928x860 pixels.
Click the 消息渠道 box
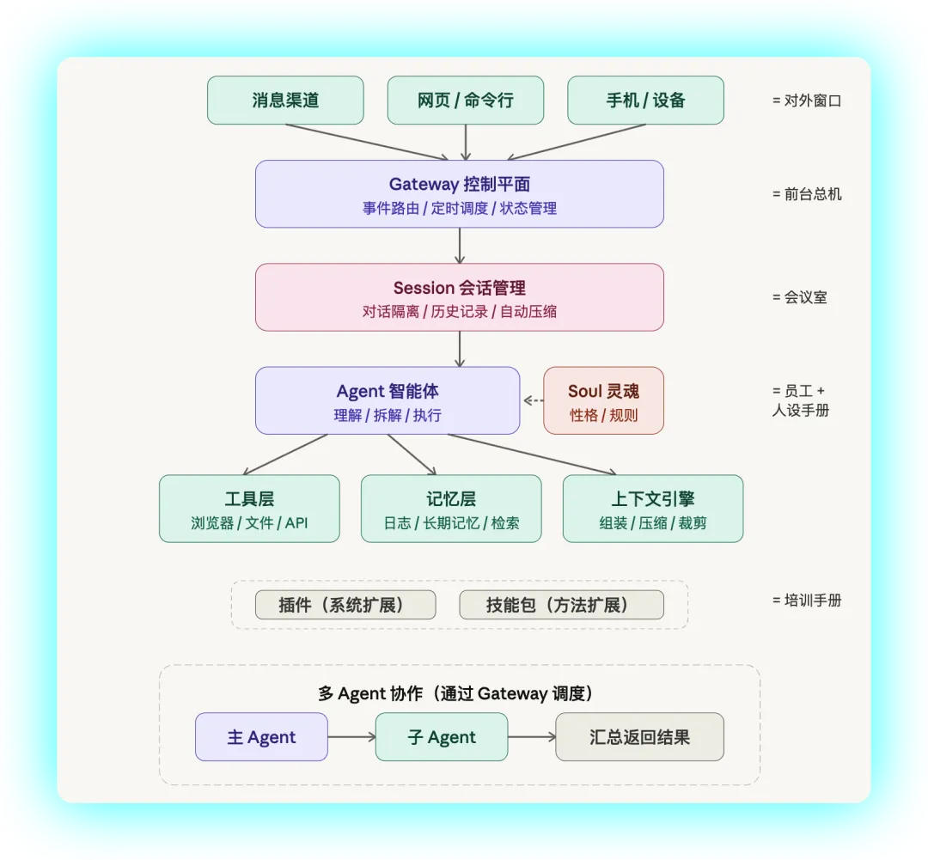[x=285, y=100]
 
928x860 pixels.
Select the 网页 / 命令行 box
[x=465, y=100]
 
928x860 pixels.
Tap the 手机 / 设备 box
[x=645, y=100]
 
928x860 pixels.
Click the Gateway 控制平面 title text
[x=459, y=184]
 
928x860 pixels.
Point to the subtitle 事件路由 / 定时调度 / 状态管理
[x=459, y=208]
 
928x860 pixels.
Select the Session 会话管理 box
[x=459, y=297]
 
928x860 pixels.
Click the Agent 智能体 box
[x=388, y=400]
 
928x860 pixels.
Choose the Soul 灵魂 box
[x=603, y=400]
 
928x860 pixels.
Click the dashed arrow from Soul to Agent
[x=534, y=400]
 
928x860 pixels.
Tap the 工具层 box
[x=249, y=509]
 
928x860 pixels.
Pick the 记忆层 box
[x=451, y=509]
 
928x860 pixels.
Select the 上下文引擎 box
[x=653, y=509]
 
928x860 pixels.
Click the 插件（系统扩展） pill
[x=345, y=605]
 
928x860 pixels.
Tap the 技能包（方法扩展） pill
[x=562, y=605]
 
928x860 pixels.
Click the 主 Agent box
[x=261, y=737]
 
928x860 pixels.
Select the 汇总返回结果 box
[x=639, y=737]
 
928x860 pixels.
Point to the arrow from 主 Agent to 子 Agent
[x=351, y=737]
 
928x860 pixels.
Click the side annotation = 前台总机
[x=807, y=194]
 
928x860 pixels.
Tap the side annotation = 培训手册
[x=807, y=601]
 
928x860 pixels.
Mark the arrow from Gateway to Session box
[x=460, y=246]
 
